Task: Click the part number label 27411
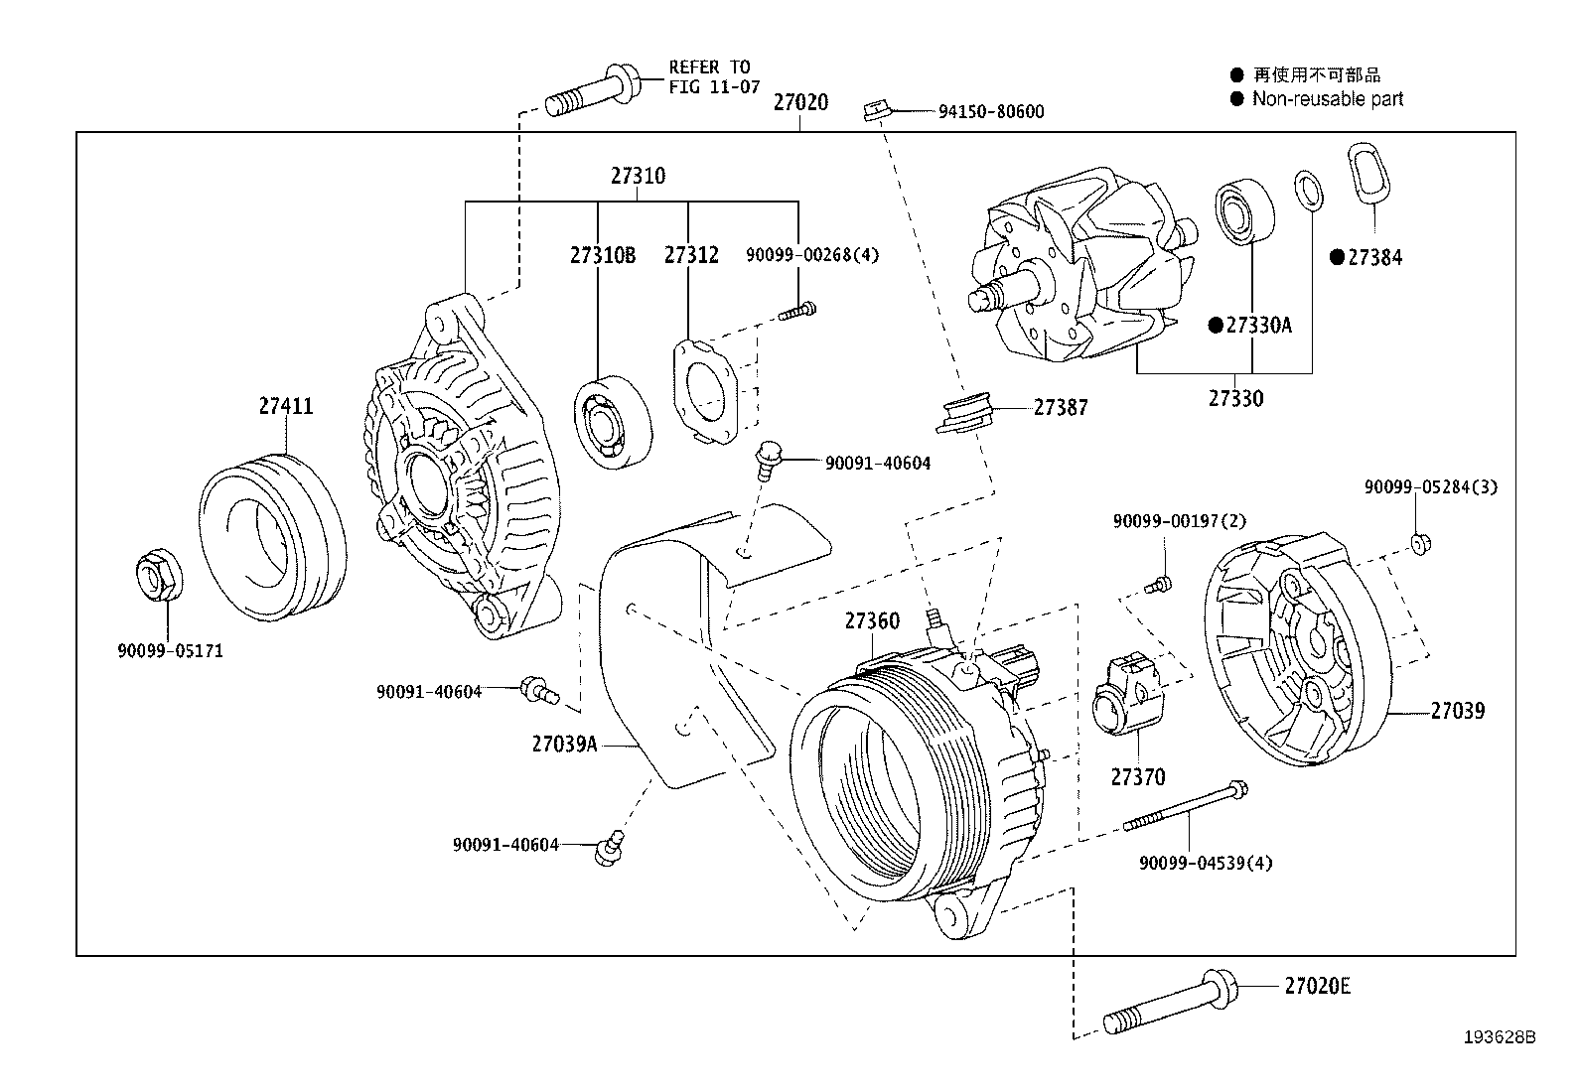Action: [x=286, y=406]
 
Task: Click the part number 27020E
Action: [x=1317, y=986]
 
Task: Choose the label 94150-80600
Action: [x=990, y=112]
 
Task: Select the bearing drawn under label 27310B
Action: [x=613, y=421]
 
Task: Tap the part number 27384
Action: [x=1374, y=258]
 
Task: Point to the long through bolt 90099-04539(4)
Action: [x=1186, y=806]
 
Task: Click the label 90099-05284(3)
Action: [x=1430, y=487]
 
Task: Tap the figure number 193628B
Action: [x=1499, y=1037]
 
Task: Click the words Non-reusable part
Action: [x=1327, y=98]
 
